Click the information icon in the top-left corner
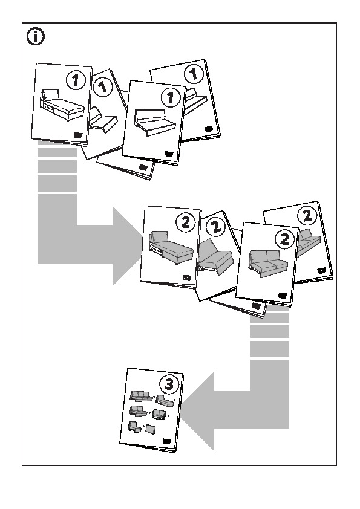click(36, 37)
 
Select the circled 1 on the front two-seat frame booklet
click(170, 96)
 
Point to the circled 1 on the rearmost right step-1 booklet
click(192, 75)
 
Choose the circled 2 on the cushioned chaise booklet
click(185, 222)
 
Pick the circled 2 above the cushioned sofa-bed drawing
click(215, 228)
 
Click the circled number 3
click(168, 383)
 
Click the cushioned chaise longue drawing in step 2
click(170, 246)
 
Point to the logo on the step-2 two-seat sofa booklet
click(284, 294)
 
